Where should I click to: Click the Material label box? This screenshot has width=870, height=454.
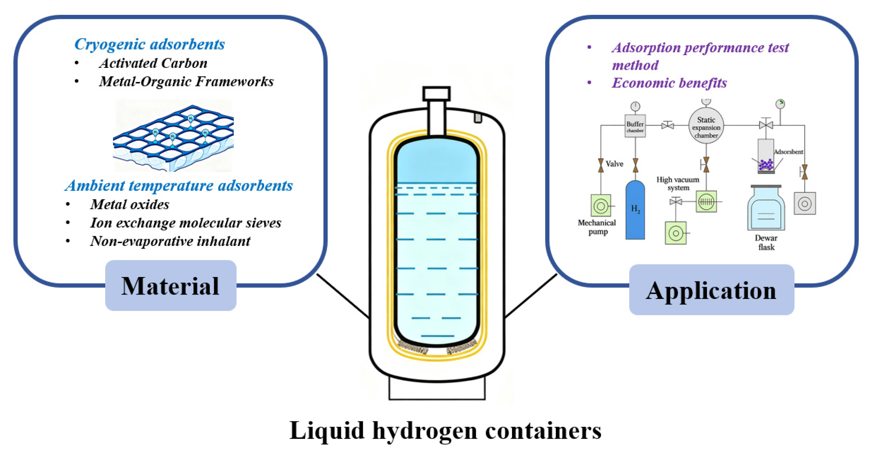[170, 286]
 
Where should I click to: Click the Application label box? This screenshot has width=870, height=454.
[711, 290]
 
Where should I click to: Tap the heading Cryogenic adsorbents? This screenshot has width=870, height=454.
[149, 44]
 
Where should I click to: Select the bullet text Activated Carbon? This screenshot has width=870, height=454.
[153, 63]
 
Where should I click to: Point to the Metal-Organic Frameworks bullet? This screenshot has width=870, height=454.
[186, 81]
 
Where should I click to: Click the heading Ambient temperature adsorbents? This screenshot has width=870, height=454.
[179, 185]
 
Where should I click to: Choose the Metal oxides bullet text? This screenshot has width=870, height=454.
[130, 204]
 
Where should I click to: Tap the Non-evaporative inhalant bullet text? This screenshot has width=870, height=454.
[170, 241]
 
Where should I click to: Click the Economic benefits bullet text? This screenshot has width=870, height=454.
[669, 83]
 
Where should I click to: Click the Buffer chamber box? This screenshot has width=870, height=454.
[635, 126]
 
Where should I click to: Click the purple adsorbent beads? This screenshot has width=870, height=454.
[766, 164]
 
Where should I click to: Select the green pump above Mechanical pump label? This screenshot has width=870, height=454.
[600, 205]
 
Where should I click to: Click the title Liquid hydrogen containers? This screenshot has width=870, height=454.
[445, 430]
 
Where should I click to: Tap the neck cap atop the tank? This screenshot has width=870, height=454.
[436, 94]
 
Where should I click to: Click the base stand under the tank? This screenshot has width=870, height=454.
[436, 389]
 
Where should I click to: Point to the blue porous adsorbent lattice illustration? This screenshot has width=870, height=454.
[173, 135]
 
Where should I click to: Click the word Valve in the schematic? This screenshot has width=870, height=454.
[614, 164]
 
